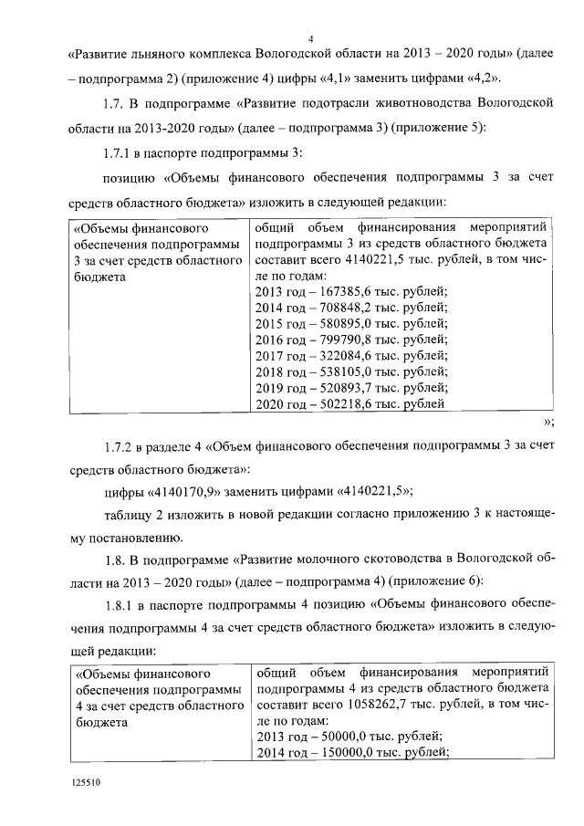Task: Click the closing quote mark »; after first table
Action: pyautogui.click(x=548, y=422)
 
